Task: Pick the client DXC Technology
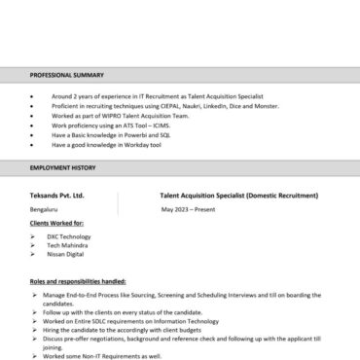pyautogui.click(x=68, y=236)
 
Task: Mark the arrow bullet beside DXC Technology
pyautogui.click(x=33, y=236)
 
